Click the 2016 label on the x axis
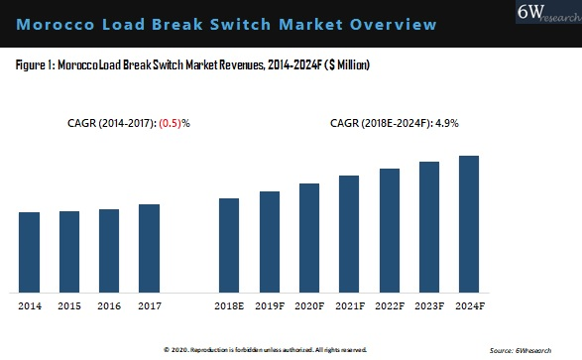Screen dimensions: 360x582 click(109, 305)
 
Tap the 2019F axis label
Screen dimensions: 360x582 click(269, 305)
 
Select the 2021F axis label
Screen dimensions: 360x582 click(349, 305)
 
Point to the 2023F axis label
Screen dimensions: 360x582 click(429, 305)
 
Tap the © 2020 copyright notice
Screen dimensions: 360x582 click(265, 349)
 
